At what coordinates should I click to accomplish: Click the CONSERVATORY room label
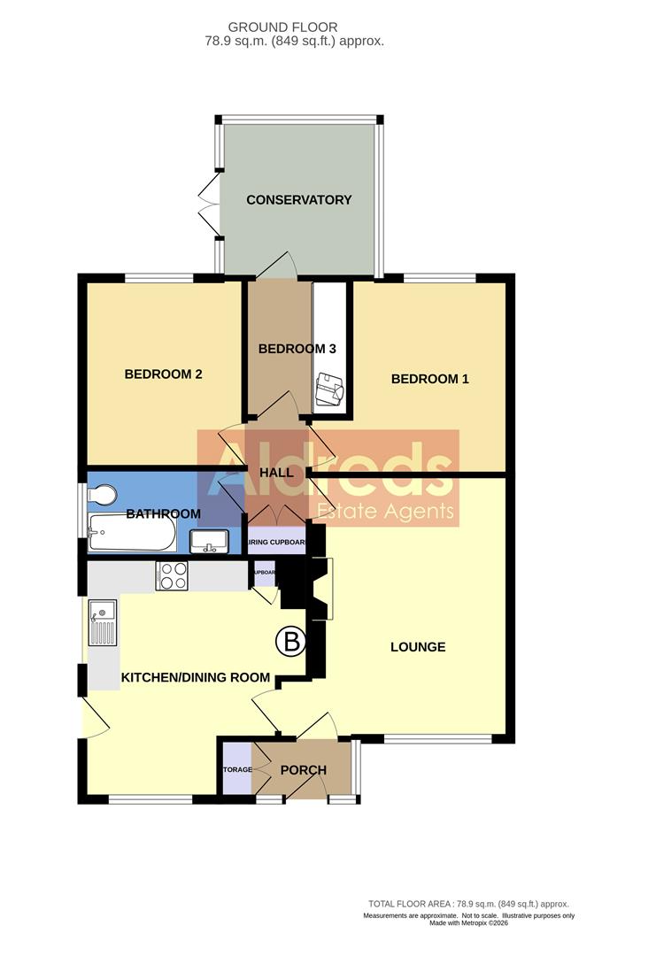(299, 200)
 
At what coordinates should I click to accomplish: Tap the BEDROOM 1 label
(430, 379)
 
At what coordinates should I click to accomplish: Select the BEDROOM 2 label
(164, 374)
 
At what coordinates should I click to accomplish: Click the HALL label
(277, 473)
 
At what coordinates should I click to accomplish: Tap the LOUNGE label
(418, 647)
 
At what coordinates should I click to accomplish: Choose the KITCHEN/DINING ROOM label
(195, 678)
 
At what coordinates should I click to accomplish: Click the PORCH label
(303, 770)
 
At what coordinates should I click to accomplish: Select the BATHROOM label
(163, 513)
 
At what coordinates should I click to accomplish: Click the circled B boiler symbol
(289, 642)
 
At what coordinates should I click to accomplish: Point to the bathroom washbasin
(210, 540)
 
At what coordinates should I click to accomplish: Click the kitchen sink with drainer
(104, 624)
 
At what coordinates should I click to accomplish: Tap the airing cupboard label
(277, 543)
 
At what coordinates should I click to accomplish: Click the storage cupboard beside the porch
(237, 770)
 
